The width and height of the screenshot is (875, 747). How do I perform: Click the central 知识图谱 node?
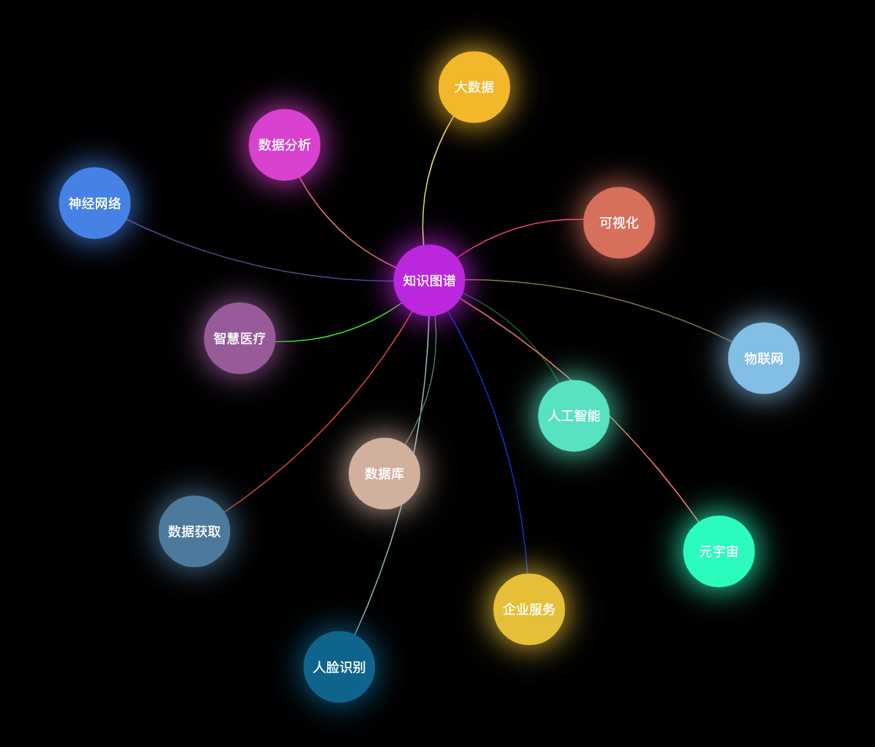click(x=429, y=280)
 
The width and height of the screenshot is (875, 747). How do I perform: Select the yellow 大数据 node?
click(x=474, y=87)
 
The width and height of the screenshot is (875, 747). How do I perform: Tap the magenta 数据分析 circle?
click(x=285, y=145)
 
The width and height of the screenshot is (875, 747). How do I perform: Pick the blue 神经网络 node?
click(x=94, y=203)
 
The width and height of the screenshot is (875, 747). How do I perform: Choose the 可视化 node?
click(x=619, y=223)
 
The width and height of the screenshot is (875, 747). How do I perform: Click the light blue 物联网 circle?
click(x=763, y=358)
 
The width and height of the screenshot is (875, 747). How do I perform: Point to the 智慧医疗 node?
click(x=240, y=338)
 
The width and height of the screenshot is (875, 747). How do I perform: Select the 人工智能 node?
click(x=574, y=416)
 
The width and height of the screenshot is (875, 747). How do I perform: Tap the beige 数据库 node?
click(x=384, y=473)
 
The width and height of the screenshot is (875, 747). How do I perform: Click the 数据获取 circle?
click(x=194, y=531)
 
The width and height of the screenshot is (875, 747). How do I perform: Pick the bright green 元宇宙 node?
click(x=719, y=551)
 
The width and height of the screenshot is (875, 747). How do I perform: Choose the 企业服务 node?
click(x=528, y=609)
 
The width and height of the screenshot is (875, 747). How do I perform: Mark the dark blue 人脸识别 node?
click(x=339, y=667)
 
